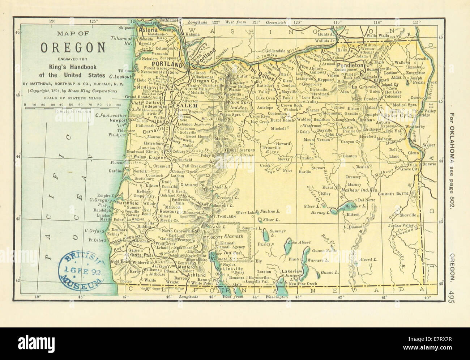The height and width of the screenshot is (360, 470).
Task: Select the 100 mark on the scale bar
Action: [x=118, y=105]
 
